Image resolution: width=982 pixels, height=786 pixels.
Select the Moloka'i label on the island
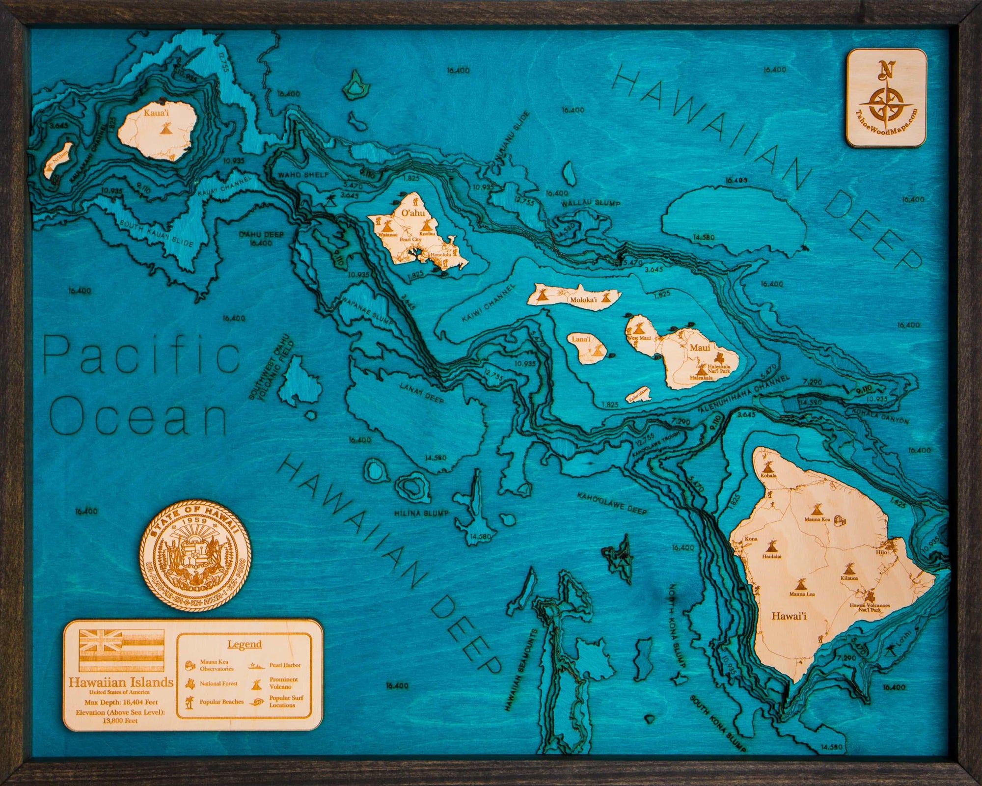[583, 299]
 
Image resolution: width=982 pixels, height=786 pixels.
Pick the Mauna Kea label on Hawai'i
[817, 519]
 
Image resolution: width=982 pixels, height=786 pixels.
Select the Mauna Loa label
[802, 595]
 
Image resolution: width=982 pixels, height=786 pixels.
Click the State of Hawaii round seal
[195, 555]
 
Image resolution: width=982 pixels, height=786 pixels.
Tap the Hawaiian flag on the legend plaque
[121, 650]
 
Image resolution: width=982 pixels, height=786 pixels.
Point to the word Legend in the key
[244, 644]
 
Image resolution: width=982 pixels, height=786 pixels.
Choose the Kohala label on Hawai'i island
[768, 475]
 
